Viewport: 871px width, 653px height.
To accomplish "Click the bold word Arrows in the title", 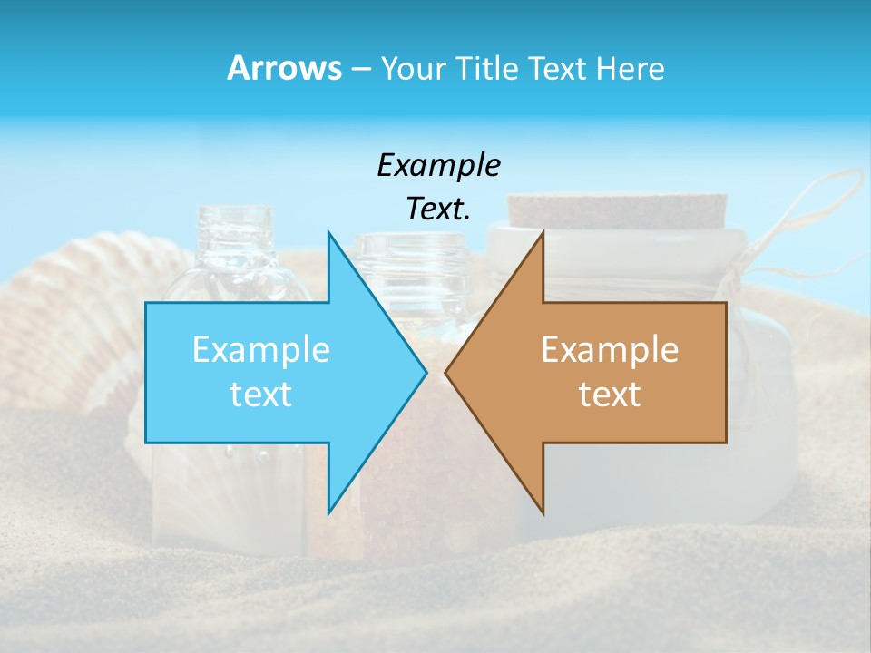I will (x=284, y=68).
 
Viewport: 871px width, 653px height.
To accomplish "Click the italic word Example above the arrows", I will (x=438, y=165).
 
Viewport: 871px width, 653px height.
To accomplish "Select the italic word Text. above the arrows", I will (x=438, y=209).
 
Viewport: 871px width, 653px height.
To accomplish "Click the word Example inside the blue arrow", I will (x=261, y=350).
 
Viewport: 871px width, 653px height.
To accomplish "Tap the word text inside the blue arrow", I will (x=261, y=395).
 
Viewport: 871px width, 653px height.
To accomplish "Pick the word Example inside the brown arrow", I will (x=610, y=350).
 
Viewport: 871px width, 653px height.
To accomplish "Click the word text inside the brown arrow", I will (x=610, y=395).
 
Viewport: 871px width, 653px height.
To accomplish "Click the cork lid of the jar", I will (x=617, y=210).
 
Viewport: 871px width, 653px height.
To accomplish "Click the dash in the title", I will (x=360, y=69).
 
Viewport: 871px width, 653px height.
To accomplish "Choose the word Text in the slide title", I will (x=557, y=68).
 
